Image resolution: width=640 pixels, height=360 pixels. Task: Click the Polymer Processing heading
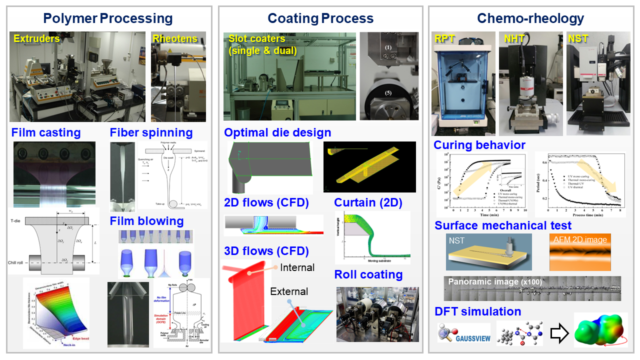(107, 19)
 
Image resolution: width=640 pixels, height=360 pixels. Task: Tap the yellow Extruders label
(36, 38)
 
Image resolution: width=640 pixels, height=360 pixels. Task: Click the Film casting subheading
(46, 132)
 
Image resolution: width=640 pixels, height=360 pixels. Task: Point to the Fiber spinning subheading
(151, 132)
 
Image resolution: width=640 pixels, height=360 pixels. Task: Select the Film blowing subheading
(146, 221)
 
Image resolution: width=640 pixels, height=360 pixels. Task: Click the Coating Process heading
(320, 19)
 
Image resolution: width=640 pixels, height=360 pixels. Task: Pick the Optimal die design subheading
(277, 132)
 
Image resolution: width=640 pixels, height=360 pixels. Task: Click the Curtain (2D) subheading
(367, 202)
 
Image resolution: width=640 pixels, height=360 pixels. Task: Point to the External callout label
(289, 291)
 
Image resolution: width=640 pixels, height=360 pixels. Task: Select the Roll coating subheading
(368, 274)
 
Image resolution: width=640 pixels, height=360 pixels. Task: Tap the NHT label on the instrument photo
(511, 38)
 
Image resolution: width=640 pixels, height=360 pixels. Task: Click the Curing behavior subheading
(479, 145)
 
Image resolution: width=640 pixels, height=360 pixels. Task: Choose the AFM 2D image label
(580, 239)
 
